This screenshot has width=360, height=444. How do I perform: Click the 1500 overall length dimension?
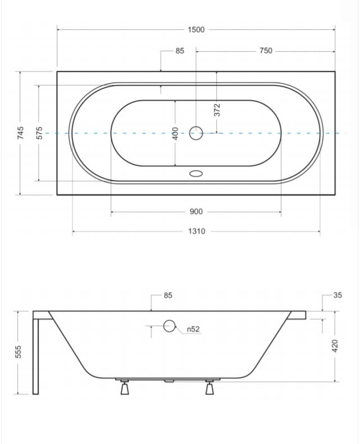pos(196,29)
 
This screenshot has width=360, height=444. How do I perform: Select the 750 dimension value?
pos(266,51)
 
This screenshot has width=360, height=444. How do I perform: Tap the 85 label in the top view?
pos(180,51)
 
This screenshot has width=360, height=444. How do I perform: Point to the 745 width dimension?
pos(20,133)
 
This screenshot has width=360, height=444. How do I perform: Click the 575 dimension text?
pos(39,133)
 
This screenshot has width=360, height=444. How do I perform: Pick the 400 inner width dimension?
pos(175,133)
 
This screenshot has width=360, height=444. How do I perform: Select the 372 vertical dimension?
pos(217,110)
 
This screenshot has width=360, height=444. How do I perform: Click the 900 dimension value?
pos(196,212)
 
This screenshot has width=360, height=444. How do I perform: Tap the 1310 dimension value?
pos(197,232)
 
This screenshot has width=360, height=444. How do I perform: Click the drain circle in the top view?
pos(196,133)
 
